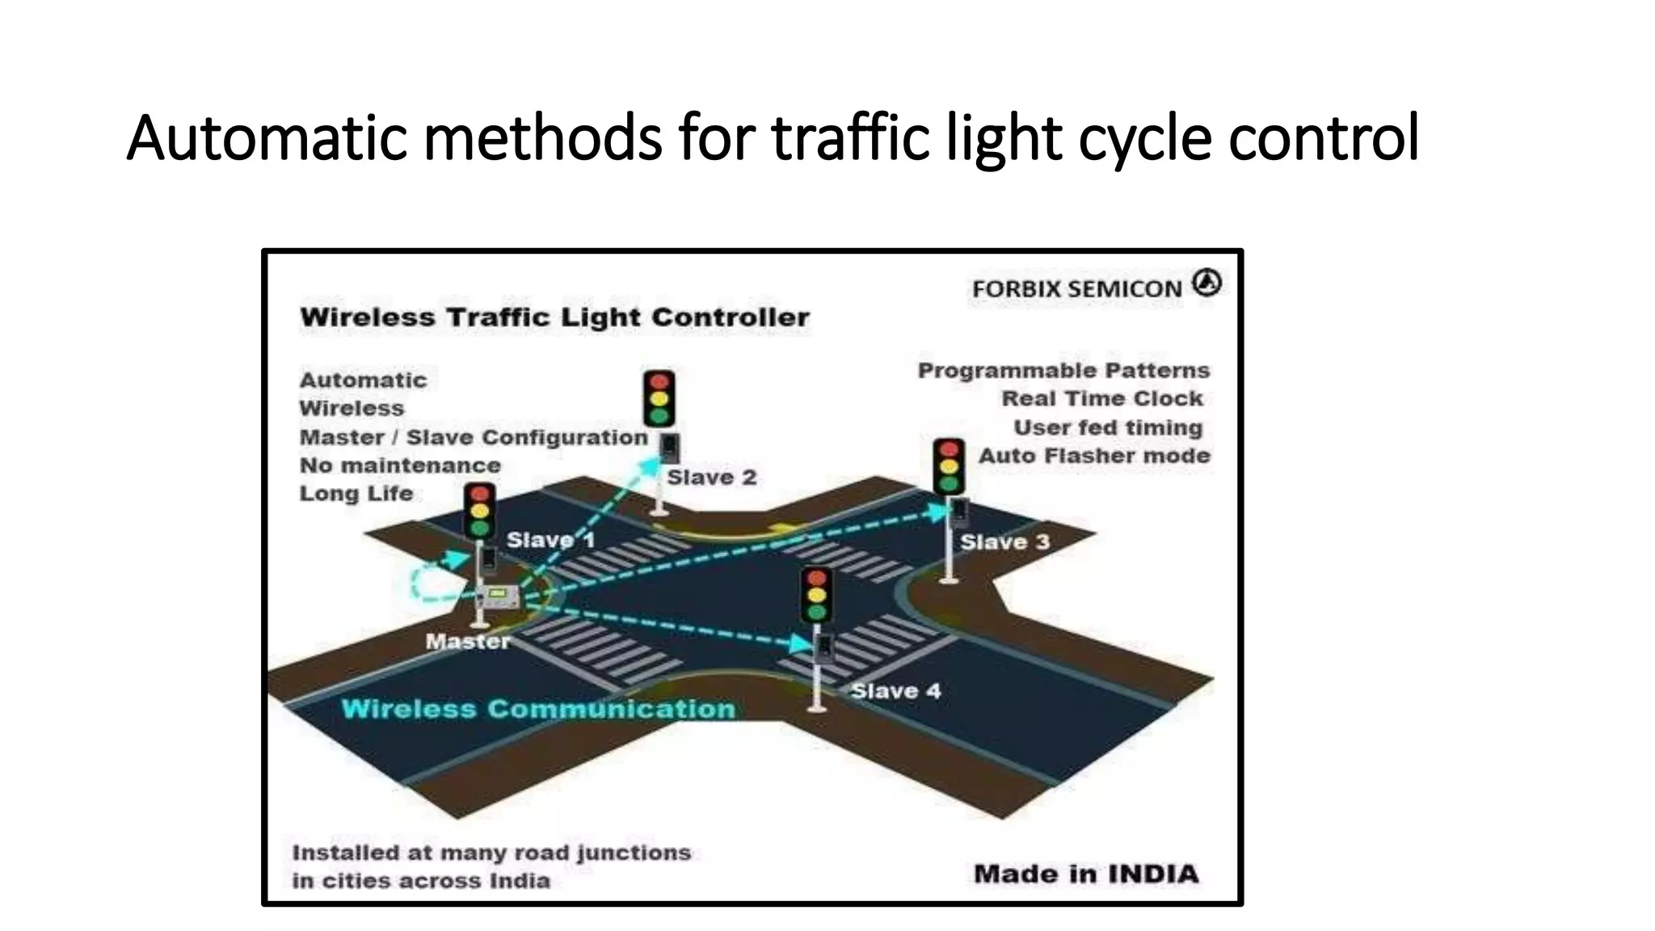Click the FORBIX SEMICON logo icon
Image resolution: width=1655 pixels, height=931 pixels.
pyautogui.click(x=1207, y=283)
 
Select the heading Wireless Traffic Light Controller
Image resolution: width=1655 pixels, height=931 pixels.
pyautogui.click(x=554, y=318)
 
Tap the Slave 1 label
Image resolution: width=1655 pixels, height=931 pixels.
pyautogui.click(x=550, y=540)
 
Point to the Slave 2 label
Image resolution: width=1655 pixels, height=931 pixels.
pyautogui.click(x=712, y=478)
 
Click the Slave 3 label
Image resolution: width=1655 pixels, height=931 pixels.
pyautogui.click(x=1004, y=541)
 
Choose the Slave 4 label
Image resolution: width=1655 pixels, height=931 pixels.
pyautogui.click(x=895, y=691)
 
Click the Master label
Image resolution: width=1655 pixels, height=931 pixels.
pyautogui.click(x=468, y=642)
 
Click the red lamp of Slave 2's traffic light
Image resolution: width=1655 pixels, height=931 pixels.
pyautogui.click(x=659, y=381)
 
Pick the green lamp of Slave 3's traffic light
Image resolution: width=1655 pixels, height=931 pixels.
pyautogui.click(x=949, y=484)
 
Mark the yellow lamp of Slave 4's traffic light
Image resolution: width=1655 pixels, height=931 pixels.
pyautogui.click(x=817, y=595)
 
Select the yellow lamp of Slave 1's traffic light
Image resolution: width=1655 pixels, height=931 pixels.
pyautogui.click(x=480, y=511)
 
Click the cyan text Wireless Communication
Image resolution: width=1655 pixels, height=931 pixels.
pyautogui.click(x=538, y=709)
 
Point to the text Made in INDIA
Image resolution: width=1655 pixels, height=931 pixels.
pyautogui.click(x=1086, y=874)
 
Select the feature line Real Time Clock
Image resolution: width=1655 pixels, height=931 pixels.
pyautogui.click(x=1102, y=398)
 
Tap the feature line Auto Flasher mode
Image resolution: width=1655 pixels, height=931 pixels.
pyautogui.click(x=1094, y=456)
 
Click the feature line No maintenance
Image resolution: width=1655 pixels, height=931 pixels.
pyautogui.click(x=400, y=465)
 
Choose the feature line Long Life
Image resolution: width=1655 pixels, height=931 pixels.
pyautogui.click(x=356, y=493)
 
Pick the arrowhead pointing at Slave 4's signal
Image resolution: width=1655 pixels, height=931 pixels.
pyautogui.click(x=802, y=644)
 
